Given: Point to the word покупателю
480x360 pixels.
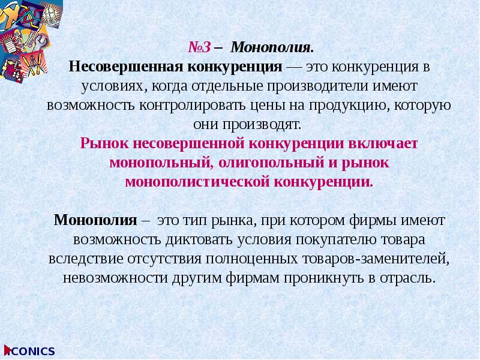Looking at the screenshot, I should coord(332,240).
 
